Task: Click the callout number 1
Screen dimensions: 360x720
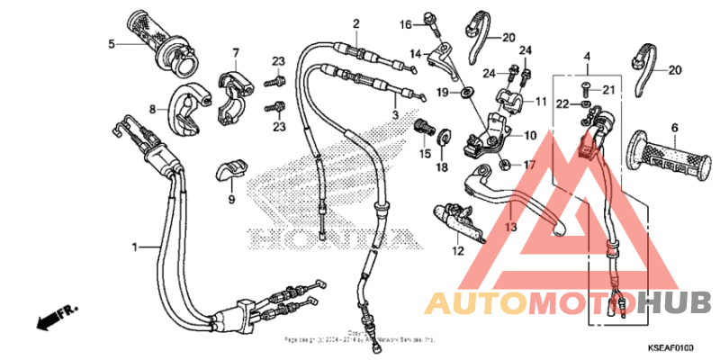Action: coord(136,246)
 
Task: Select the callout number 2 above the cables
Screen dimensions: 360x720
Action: coord(355,23)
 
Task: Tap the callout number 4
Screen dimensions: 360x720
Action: coord(587,57)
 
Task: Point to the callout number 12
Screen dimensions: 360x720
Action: coord(456,251)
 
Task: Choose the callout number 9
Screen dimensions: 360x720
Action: coord(231,199)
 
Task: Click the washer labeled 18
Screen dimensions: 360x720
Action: coord(444,137)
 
